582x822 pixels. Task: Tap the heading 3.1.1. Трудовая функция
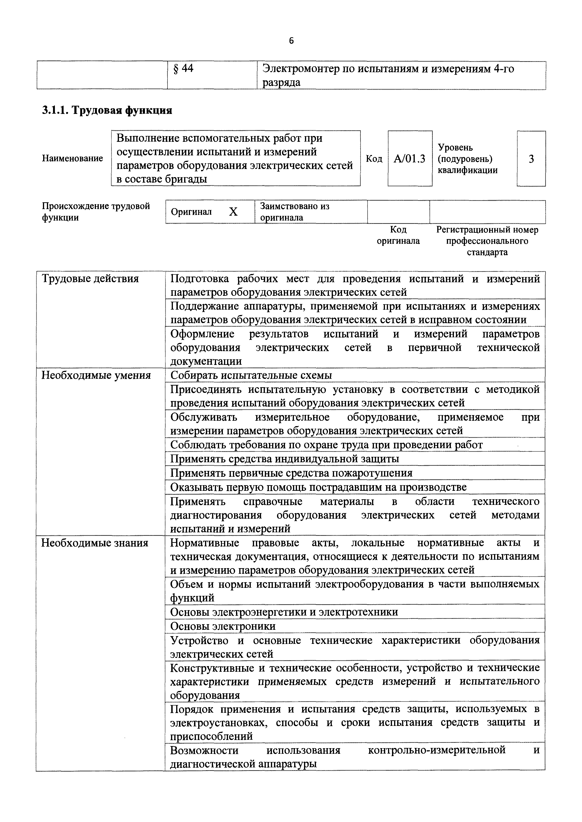click(x=107, y=110)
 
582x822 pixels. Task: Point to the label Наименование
click(x=73, y=158)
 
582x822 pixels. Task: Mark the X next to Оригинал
click(x=233, y=212)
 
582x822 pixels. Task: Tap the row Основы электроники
click(x=223, y=626)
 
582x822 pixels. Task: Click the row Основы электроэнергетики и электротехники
click(x=284, y=612)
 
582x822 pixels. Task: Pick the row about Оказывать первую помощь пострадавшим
click(x=318, y=487)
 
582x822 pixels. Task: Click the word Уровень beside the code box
click(x=455, y=147)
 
